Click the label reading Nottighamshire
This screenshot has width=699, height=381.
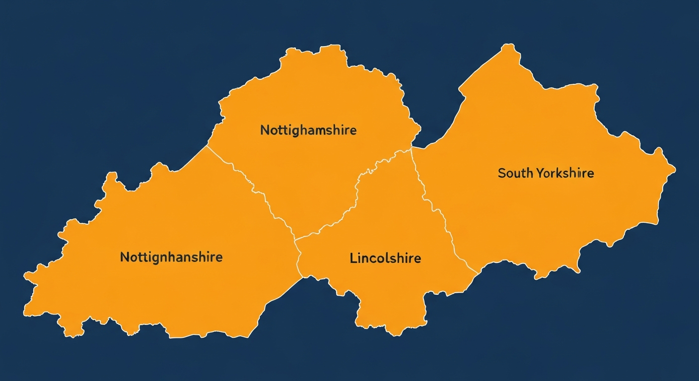click(308, 130)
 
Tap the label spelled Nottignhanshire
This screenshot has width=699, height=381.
click(171, 257)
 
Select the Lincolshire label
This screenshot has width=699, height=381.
click(385, 258)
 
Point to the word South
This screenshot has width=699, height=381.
click(515, 173)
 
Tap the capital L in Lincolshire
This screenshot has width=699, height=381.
click(353, 258)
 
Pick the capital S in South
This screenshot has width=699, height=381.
click(501, 173)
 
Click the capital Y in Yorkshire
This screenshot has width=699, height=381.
click(540, 173)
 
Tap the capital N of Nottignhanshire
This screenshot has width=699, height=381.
click(124, 257)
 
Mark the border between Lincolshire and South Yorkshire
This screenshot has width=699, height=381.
click(437, 208)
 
